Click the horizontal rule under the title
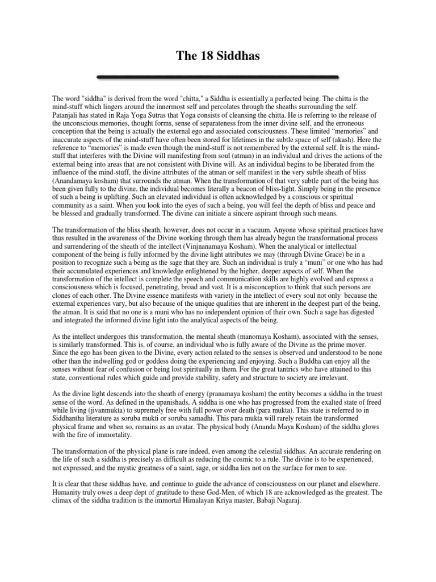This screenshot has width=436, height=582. click(218, 76)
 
